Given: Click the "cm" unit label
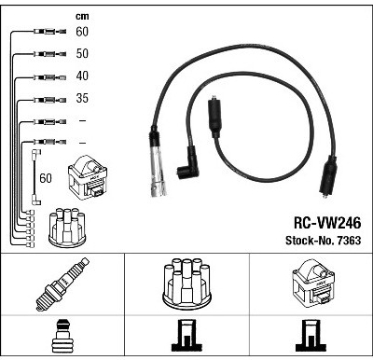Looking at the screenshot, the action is [82, 16].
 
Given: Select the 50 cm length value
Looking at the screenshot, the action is [82, 53].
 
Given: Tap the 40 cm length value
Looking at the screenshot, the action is [82, 76].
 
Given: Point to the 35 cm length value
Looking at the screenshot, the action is [82, 98].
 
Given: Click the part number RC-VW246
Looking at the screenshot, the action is [327, 223].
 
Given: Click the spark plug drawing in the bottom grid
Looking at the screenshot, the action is [62, 284].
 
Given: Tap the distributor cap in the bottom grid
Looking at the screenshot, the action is [186, 284].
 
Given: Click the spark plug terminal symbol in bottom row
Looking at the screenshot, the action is [62, 336].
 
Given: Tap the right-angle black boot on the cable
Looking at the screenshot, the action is [187, 164].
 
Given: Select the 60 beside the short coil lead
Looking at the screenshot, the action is [46, 178].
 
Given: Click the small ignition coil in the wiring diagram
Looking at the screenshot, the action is [88, 177].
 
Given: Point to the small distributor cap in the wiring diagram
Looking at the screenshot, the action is [67, 228].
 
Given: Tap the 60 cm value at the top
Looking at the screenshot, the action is [82, 32].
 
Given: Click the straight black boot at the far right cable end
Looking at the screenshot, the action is [328, 177].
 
